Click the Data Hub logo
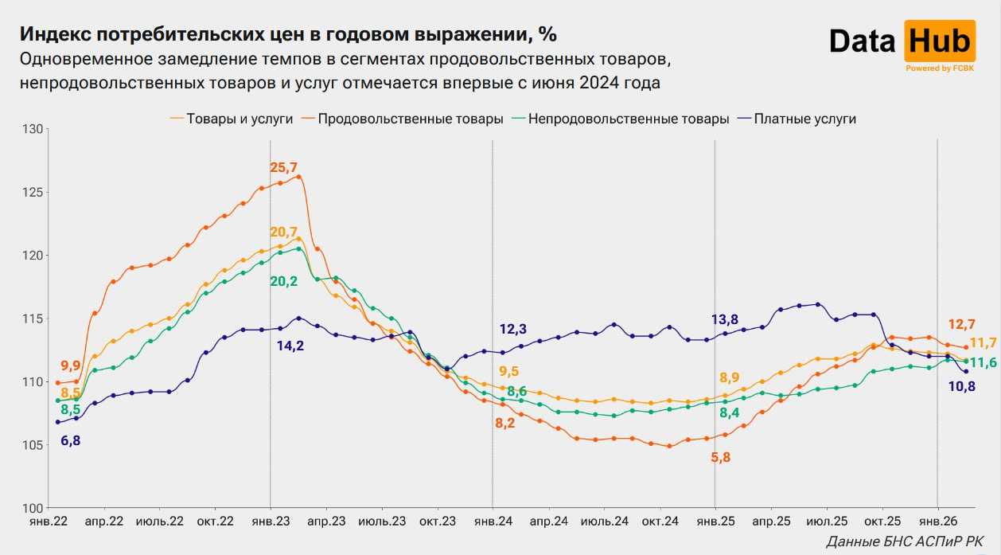[902, 43]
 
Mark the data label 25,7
[284, 168]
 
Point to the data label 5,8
[720, 457]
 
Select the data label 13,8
[725, 320]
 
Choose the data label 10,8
[960, 387]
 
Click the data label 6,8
[70, 440]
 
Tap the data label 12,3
[513, 329]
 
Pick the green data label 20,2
[284, 282]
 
